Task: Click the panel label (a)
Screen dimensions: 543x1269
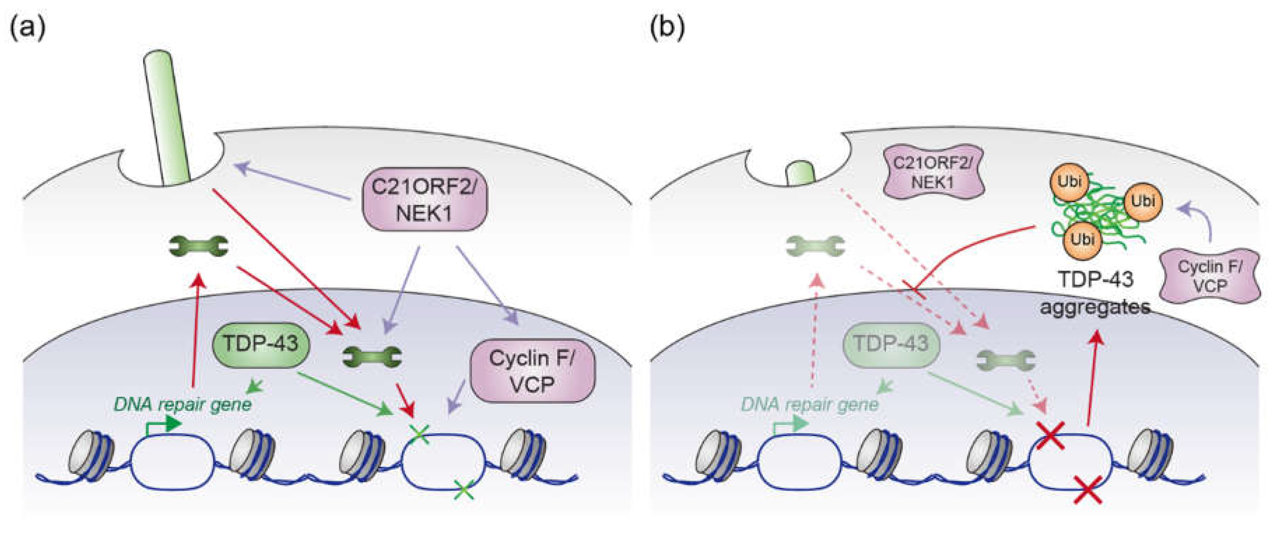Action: click(28, 28)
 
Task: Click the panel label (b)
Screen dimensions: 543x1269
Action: click(667, 28)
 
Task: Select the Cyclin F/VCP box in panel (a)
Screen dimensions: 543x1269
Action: click(532, 371)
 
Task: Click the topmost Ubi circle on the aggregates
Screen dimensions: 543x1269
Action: click(1069, 182)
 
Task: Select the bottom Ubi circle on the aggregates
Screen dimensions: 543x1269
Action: click(1082, 240)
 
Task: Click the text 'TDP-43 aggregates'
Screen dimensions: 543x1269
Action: click(1096, 294)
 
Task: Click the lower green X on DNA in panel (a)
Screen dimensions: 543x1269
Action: click(463, 490)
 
